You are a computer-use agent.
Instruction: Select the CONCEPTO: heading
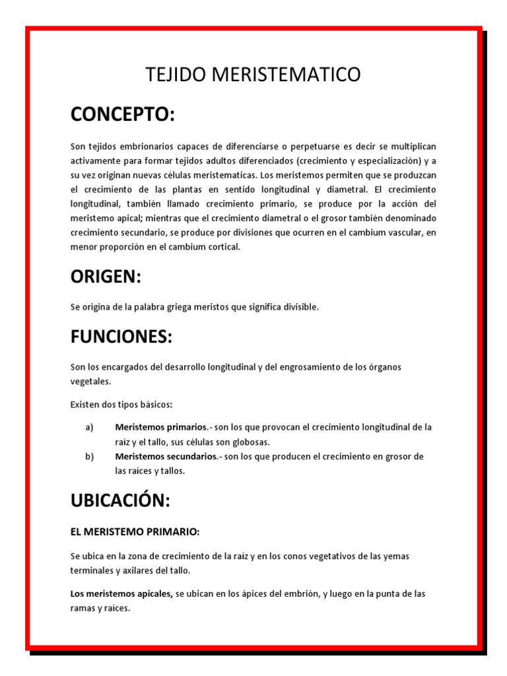123,114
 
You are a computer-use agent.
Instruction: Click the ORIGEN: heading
106,277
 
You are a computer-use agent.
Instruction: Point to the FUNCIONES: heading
121,337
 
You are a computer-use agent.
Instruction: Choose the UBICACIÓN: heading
120,500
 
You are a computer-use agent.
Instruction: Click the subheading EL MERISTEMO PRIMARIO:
135,531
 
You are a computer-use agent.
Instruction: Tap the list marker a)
89,427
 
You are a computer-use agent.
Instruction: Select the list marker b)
89,457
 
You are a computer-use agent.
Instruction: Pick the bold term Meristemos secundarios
166,457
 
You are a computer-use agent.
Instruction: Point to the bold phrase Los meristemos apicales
121,594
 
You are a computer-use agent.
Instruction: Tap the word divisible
301,308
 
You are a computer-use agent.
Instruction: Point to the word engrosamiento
310,367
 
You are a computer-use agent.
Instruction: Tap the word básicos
157,404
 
